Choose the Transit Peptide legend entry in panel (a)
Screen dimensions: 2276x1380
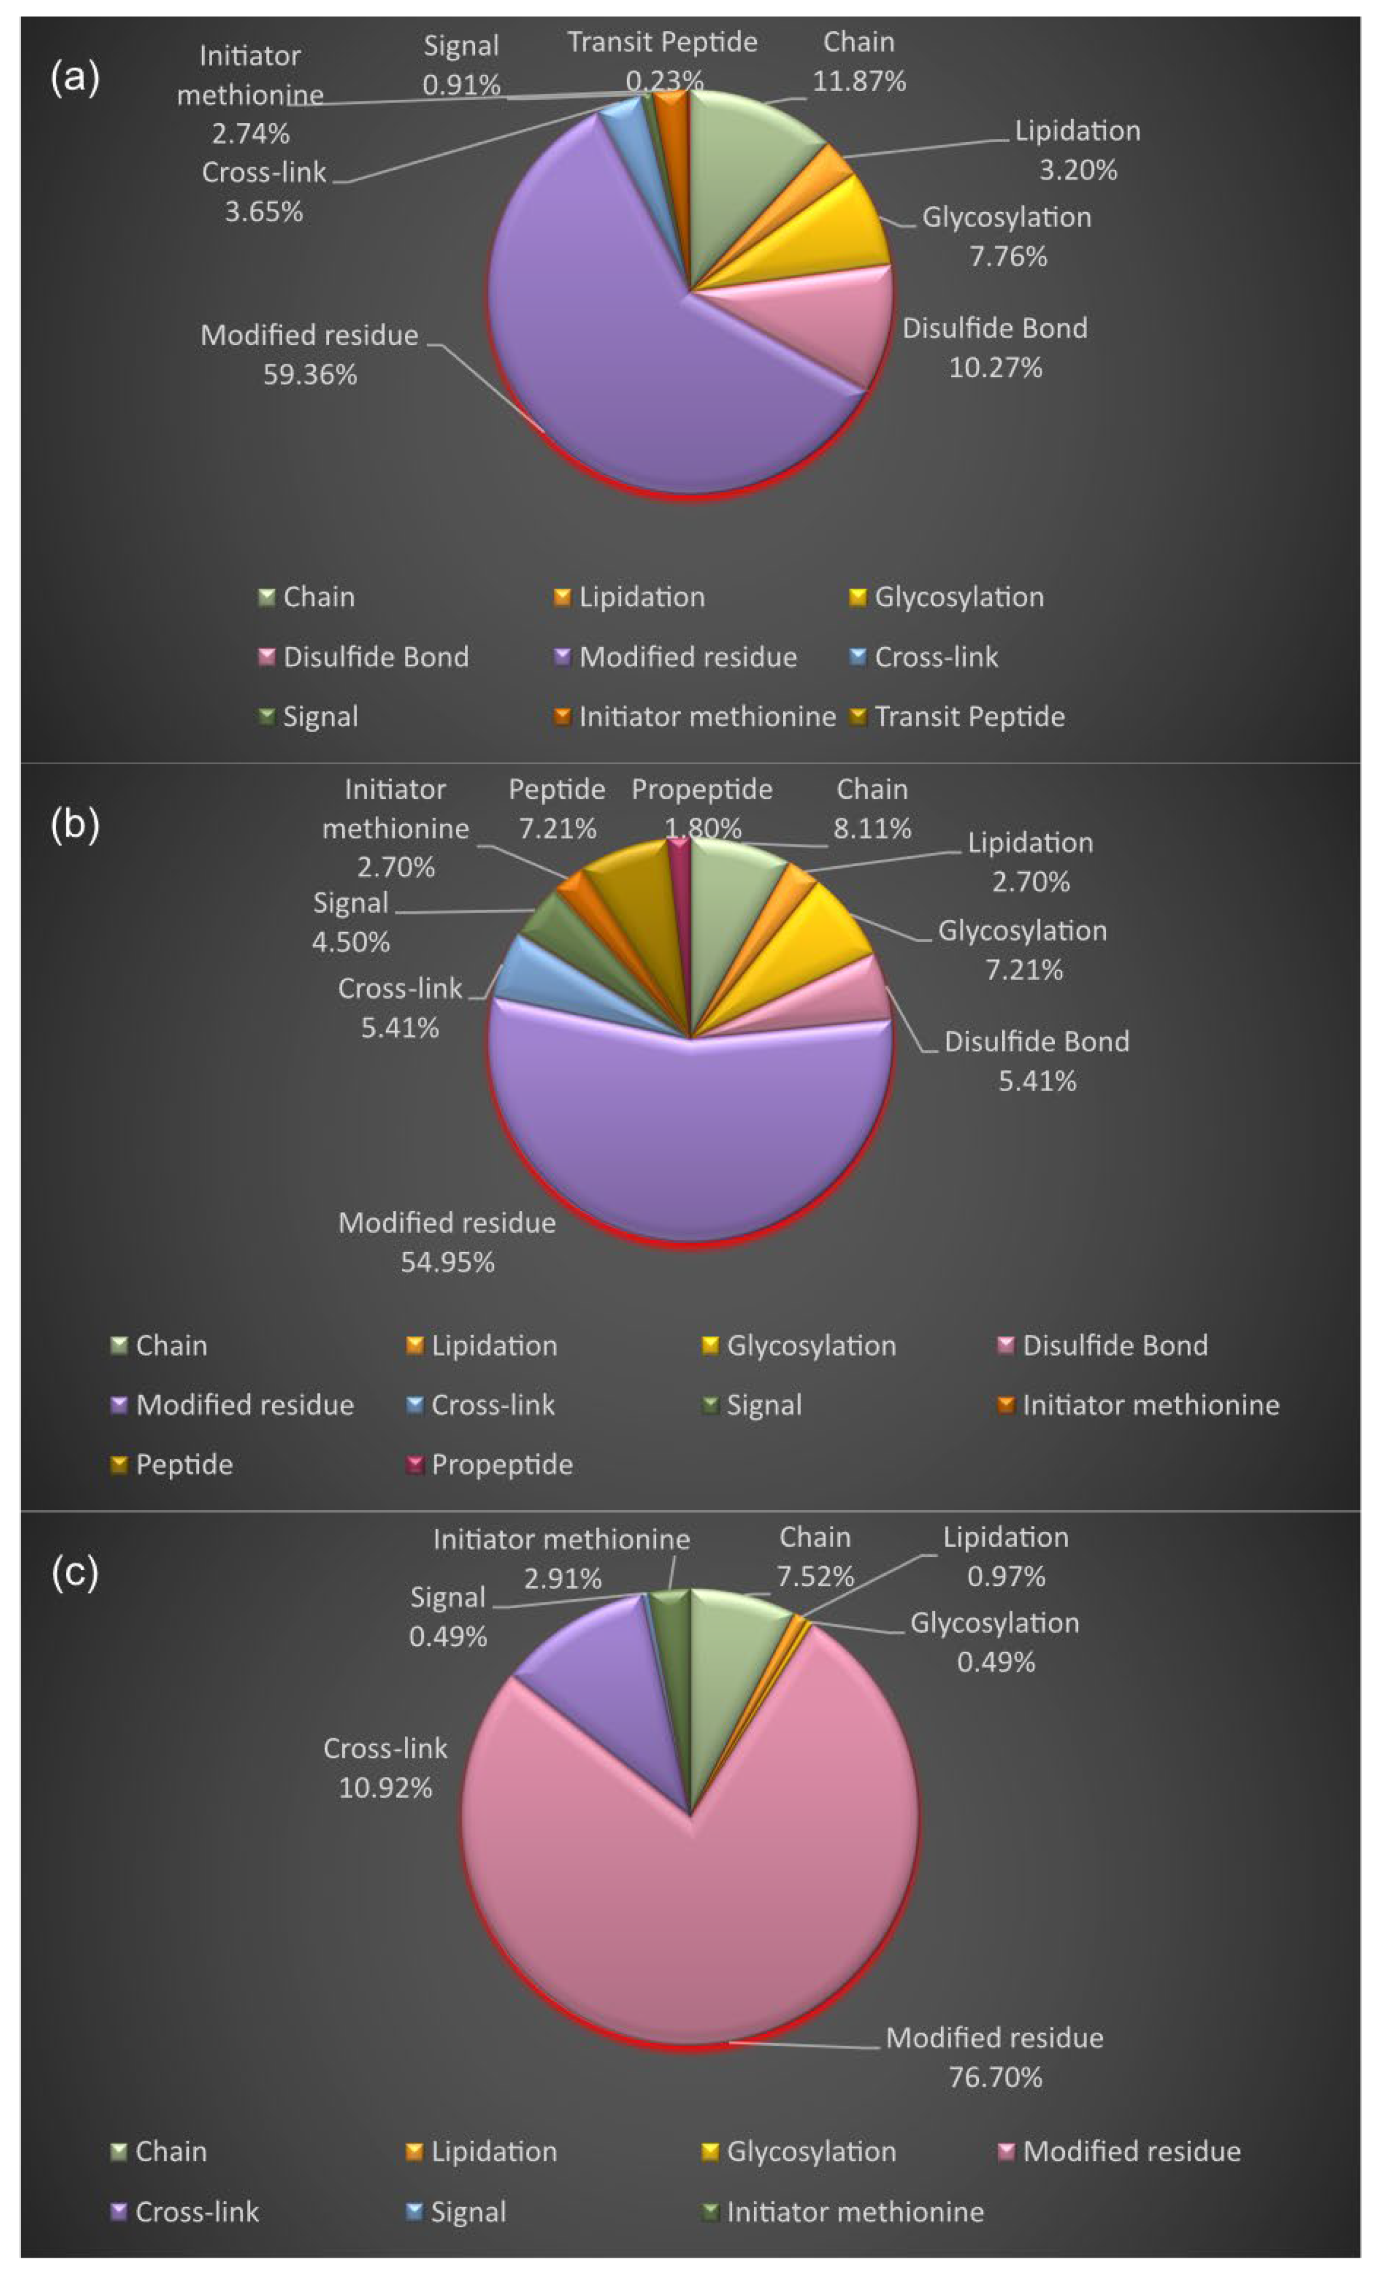[969, 717]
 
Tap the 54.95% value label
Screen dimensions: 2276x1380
[447, 1262]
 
